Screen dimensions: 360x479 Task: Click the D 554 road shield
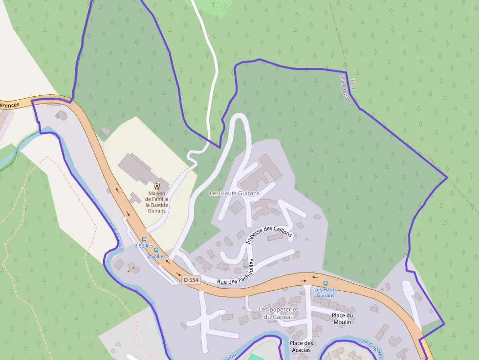pos(191,280)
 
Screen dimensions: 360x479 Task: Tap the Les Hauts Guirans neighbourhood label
pos(234,193)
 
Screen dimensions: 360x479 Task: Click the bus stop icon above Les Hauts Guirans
pos(326,283)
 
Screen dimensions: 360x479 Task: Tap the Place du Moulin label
pos(342,318)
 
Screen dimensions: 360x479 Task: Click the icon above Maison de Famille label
pos(157,186)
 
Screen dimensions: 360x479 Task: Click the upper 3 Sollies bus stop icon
pos(144,239)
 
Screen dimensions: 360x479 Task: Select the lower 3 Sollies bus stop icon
pos(156,250)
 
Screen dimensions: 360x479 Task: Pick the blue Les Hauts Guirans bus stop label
pos(326,293)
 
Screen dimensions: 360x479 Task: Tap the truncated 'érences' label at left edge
pos(10,105)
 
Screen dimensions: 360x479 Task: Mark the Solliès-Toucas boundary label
pos(345,88)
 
